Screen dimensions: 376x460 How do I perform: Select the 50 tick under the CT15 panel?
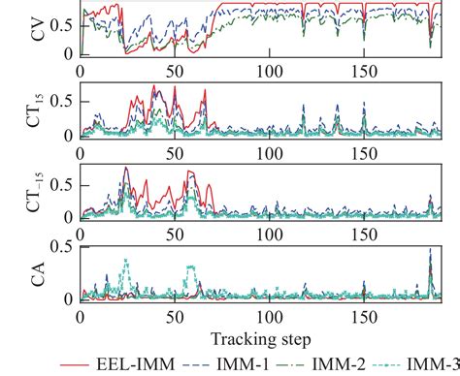pos(175,153)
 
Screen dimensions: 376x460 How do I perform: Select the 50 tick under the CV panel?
pos(175,72)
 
